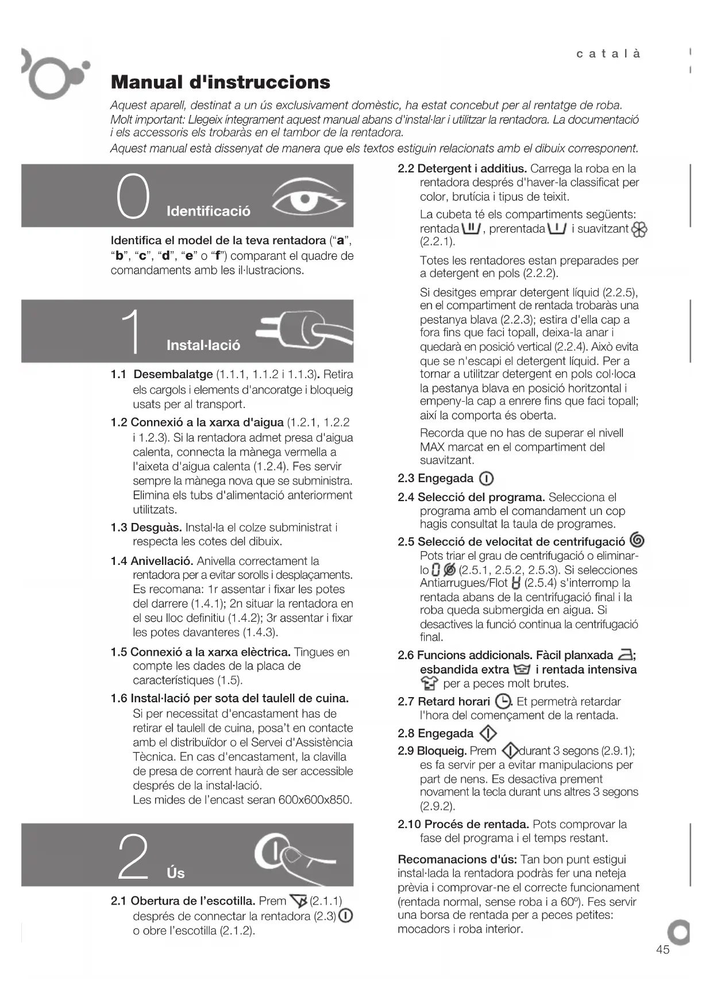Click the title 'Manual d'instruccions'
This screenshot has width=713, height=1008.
tap(220, 82)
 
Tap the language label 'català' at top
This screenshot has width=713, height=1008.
tap(608, 54)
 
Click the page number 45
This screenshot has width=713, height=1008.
tap(662, 949)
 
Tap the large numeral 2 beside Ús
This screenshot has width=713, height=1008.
tap(133, 857)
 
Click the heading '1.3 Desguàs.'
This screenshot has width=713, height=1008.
tap(147, 528)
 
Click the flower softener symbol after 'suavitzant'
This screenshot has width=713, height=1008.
tap(639, 230)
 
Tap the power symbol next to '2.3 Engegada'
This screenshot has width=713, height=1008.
tap(486, 479)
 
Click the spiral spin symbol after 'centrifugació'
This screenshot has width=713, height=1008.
tap(637, 541)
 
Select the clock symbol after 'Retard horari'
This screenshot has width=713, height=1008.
tap(503, 702)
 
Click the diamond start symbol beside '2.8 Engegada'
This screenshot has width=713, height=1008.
tap(488, 734)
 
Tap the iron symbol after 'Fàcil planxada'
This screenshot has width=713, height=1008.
tap(625, 655)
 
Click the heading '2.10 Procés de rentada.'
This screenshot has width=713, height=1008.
tap(464, 824)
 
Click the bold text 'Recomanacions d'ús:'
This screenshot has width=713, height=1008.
tap(457, 860)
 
